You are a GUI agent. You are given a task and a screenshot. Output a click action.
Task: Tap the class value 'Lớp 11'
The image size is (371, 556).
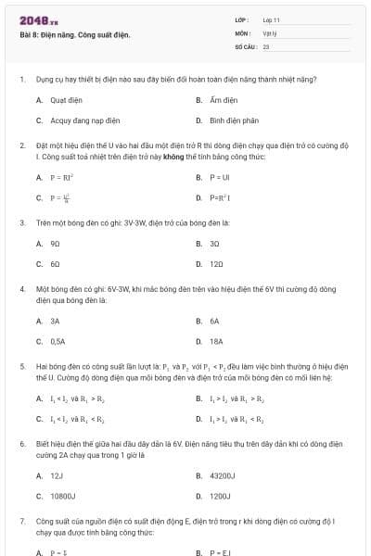272,19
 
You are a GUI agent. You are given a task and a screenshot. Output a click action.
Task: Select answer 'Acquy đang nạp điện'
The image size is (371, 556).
79,120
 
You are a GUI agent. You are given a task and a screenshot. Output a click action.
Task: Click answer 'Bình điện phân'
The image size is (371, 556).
228,120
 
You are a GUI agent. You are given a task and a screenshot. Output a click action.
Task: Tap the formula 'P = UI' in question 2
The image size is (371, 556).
219,176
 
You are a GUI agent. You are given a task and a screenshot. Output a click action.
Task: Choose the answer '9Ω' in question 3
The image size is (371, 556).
56,244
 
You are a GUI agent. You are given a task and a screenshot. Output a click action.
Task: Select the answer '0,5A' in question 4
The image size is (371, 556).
58,341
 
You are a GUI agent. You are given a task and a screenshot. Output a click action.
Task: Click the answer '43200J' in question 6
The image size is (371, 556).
224,475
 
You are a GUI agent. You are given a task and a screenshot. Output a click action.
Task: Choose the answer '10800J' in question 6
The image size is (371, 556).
62,496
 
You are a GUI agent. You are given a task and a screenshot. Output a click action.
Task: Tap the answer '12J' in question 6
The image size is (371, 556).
56,475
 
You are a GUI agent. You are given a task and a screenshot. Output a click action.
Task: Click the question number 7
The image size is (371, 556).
22,523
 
